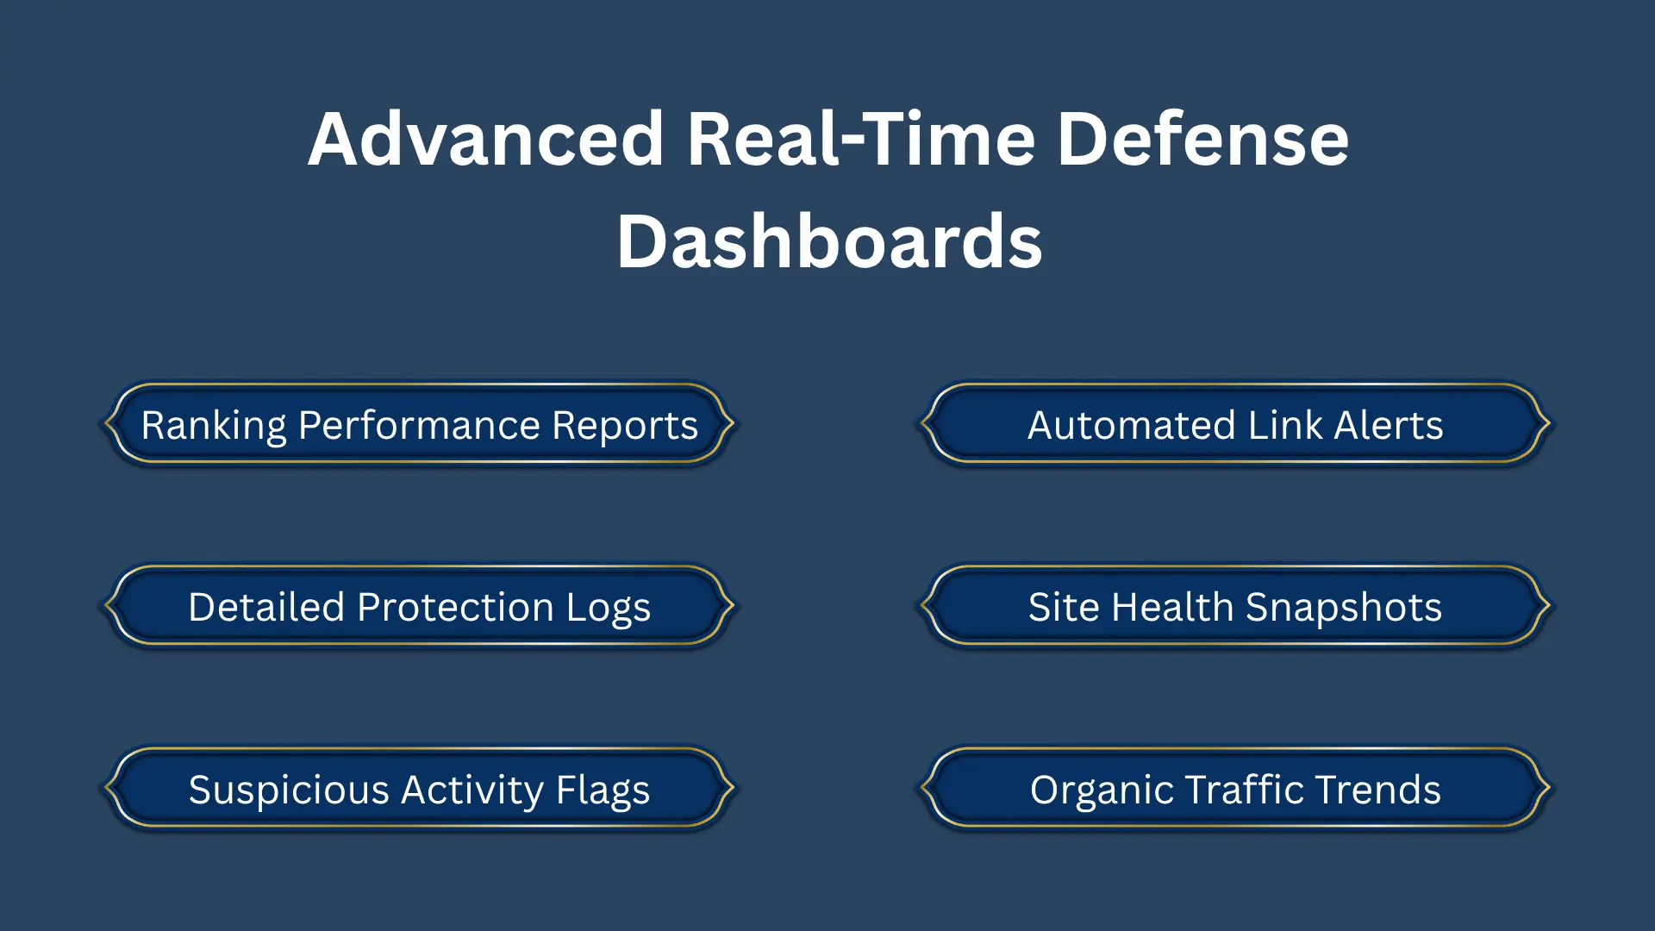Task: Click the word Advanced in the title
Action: [x=486, y=139]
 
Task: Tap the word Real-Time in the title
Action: [x=861, y=139]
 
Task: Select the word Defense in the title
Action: [x=1203, y=139]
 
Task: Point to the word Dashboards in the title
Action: [x=829, y=241]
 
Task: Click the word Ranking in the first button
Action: [x=214, y=426]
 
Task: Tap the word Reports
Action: [x=625, y=426]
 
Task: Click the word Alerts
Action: [x=1389, y=425]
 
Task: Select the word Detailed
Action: [x=267, y=607]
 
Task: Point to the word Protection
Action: [x=455, y=607]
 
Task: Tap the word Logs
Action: [x=609, y=609]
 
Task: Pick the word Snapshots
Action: [x=1344, y=609]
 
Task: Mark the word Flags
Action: [x=603, y=790]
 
